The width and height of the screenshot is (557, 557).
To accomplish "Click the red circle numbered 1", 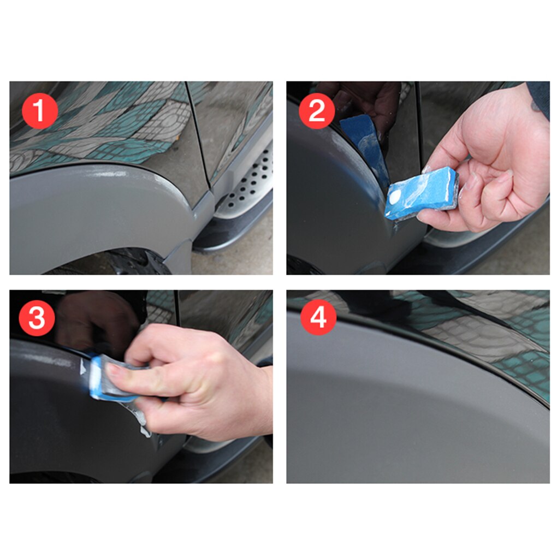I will [x=39, y=111].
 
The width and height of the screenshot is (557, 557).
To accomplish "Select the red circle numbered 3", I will [x=37, y=318].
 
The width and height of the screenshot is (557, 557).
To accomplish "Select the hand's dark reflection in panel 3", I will [x=93, y=322].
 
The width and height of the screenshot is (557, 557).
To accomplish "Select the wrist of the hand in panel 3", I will [x=257, y=399].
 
